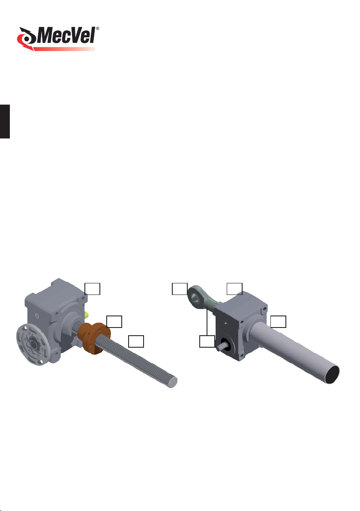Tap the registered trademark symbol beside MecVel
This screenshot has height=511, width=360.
(97, 29)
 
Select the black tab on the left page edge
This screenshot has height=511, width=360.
(5, 122)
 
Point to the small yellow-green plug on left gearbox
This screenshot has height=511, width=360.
(86, 315)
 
